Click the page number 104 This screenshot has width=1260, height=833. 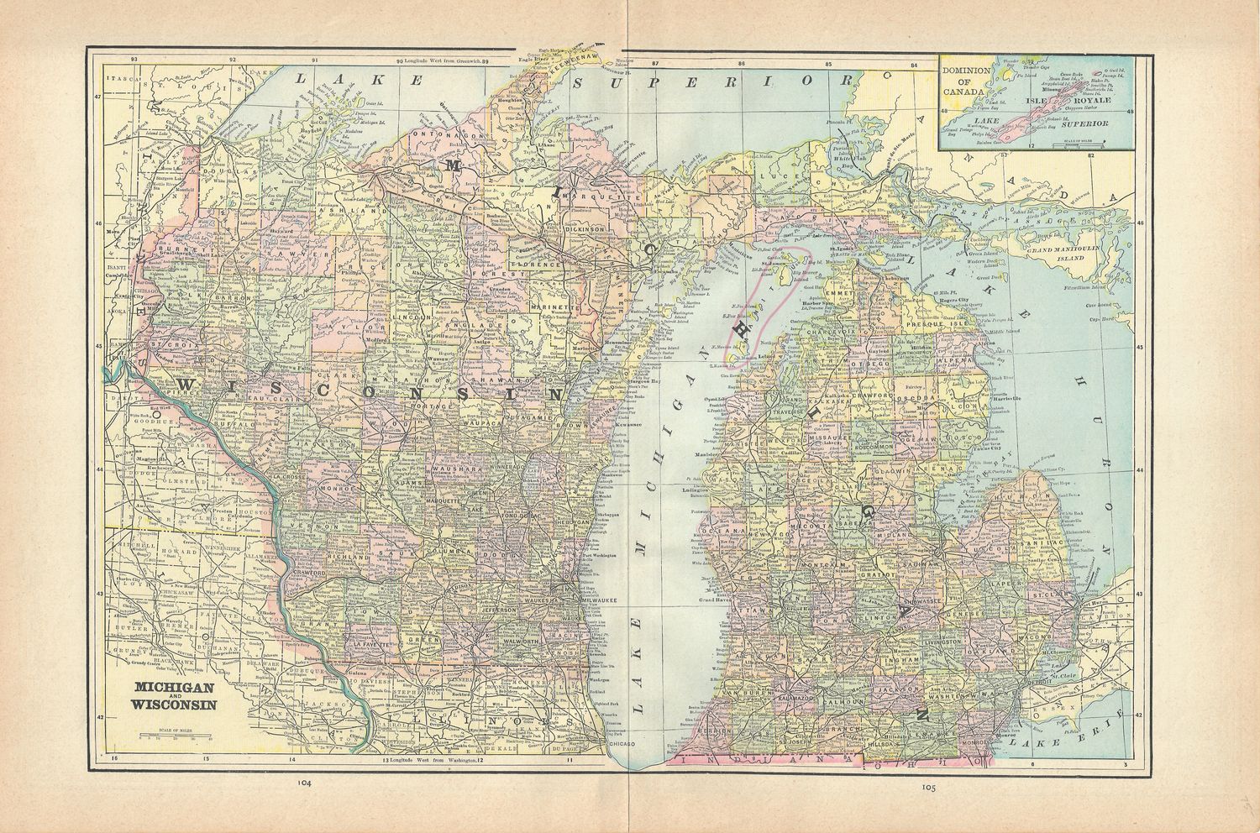(305, 783)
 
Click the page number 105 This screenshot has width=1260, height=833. (927, 787)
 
